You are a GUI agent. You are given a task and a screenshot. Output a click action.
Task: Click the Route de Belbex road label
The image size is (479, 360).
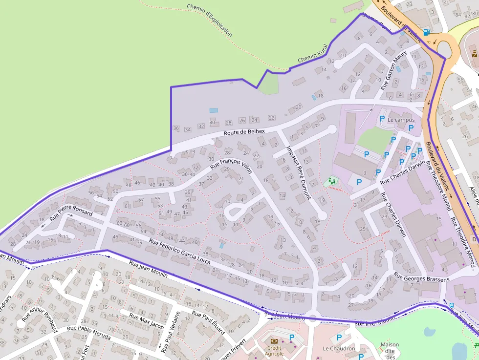244,132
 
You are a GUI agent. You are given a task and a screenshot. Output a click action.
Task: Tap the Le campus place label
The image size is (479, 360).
401,120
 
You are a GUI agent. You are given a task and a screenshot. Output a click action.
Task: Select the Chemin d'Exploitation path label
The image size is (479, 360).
210,21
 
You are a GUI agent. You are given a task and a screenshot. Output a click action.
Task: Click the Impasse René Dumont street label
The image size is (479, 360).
299,172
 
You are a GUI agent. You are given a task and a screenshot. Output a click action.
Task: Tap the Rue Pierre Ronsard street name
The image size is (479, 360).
71,213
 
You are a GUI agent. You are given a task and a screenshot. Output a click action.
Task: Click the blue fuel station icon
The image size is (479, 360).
427,32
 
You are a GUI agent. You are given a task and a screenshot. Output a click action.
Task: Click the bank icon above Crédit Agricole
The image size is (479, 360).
274,341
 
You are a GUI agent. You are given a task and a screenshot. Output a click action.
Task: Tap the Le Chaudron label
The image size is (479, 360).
339,349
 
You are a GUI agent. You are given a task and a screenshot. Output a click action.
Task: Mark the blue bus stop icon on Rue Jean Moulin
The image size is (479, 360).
451,306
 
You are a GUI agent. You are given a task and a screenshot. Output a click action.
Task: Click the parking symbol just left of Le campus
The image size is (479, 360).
382,119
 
